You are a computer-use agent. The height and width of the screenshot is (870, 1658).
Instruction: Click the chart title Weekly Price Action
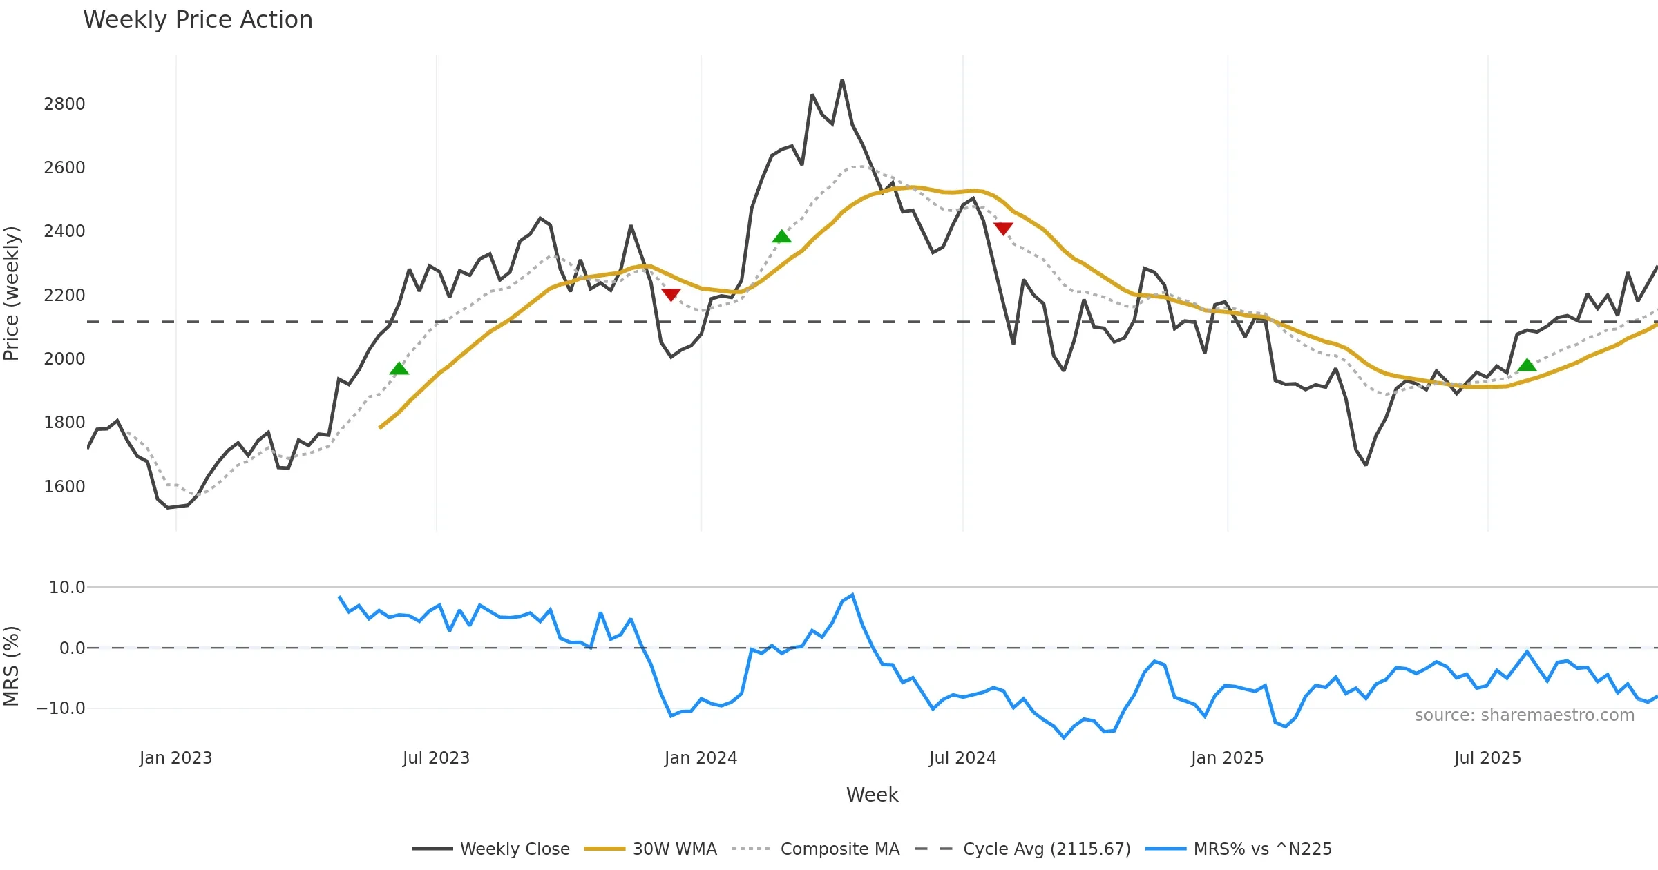pos(198,20)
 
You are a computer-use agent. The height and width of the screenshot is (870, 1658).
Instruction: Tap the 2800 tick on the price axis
pos(64,104)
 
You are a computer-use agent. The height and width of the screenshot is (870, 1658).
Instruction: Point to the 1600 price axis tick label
pos(64,487)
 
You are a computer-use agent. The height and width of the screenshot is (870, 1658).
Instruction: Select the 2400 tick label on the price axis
pos(64,231)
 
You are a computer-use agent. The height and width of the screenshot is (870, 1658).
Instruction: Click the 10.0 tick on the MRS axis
pos(67,588)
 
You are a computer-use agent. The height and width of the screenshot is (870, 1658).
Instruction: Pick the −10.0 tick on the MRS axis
pos(61,708)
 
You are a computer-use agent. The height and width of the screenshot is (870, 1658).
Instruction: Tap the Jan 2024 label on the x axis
pos(701,758)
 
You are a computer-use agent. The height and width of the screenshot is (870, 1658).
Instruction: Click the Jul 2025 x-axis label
pos(1487,758)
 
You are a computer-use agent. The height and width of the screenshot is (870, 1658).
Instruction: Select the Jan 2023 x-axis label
pos(175,758)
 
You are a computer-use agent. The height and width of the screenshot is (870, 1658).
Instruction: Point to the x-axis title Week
pos(872,795)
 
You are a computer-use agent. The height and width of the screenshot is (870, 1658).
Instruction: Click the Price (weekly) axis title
pos(12,293)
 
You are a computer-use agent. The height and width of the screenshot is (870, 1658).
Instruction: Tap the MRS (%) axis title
pos(12,666)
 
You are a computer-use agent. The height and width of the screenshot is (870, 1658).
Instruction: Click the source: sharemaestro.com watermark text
pos(1524,715)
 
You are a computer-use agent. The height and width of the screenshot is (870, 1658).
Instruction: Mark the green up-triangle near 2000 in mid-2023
pos(399,369)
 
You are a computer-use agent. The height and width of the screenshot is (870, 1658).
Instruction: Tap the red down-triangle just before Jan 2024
pos(671,295)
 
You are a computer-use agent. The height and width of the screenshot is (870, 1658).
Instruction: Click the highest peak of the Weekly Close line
pos(842,80)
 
